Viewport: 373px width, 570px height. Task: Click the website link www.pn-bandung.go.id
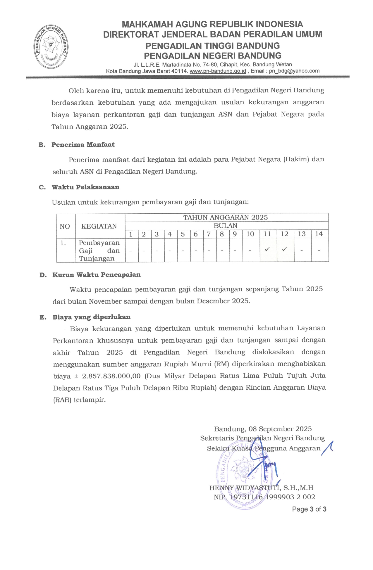point(218,71)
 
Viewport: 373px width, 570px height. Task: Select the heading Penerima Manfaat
point(83,145)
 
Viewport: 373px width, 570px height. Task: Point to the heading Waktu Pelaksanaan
point(85,187)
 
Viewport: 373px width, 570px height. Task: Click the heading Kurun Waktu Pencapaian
point(97,275)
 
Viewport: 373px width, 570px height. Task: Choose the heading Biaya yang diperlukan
point(91,317)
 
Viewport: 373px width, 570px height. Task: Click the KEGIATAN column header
point(99,226)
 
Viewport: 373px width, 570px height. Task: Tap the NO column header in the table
point(65,227)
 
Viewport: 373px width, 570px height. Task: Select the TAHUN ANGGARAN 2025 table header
point(226,217)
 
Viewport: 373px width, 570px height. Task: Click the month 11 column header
point(267,234)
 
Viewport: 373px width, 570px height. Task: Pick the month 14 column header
point(319,234)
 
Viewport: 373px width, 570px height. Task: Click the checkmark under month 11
point(267,250)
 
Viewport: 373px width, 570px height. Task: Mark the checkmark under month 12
point(284,250)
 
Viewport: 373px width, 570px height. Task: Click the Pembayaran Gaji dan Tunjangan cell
point(99,251)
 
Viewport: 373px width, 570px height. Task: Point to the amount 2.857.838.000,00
point(111,376)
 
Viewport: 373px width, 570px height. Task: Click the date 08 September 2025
point(280,429)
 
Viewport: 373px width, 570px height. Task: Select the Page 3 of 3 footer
point(309,509)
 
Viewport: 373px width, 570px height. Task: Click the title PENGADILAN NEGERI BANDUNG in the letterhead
point(213,56)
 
